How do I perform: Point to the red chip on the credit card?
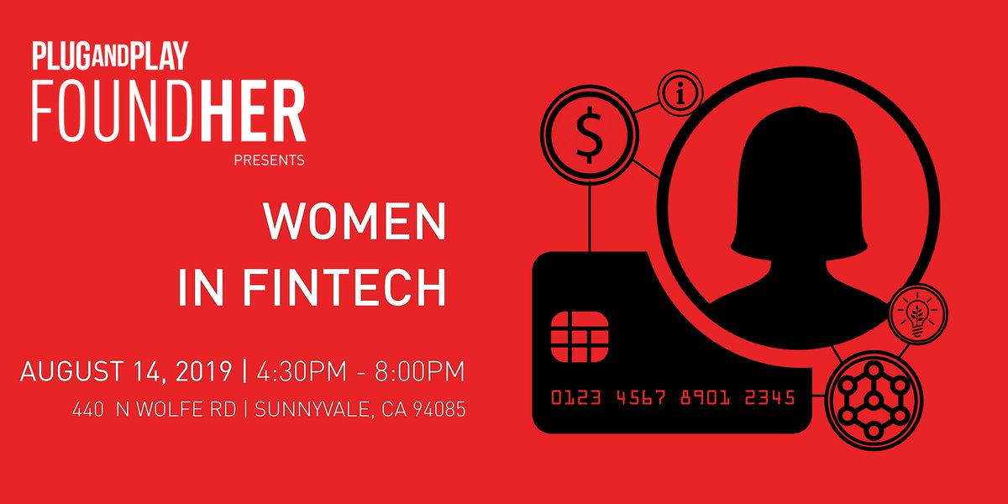coord(579,336)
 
